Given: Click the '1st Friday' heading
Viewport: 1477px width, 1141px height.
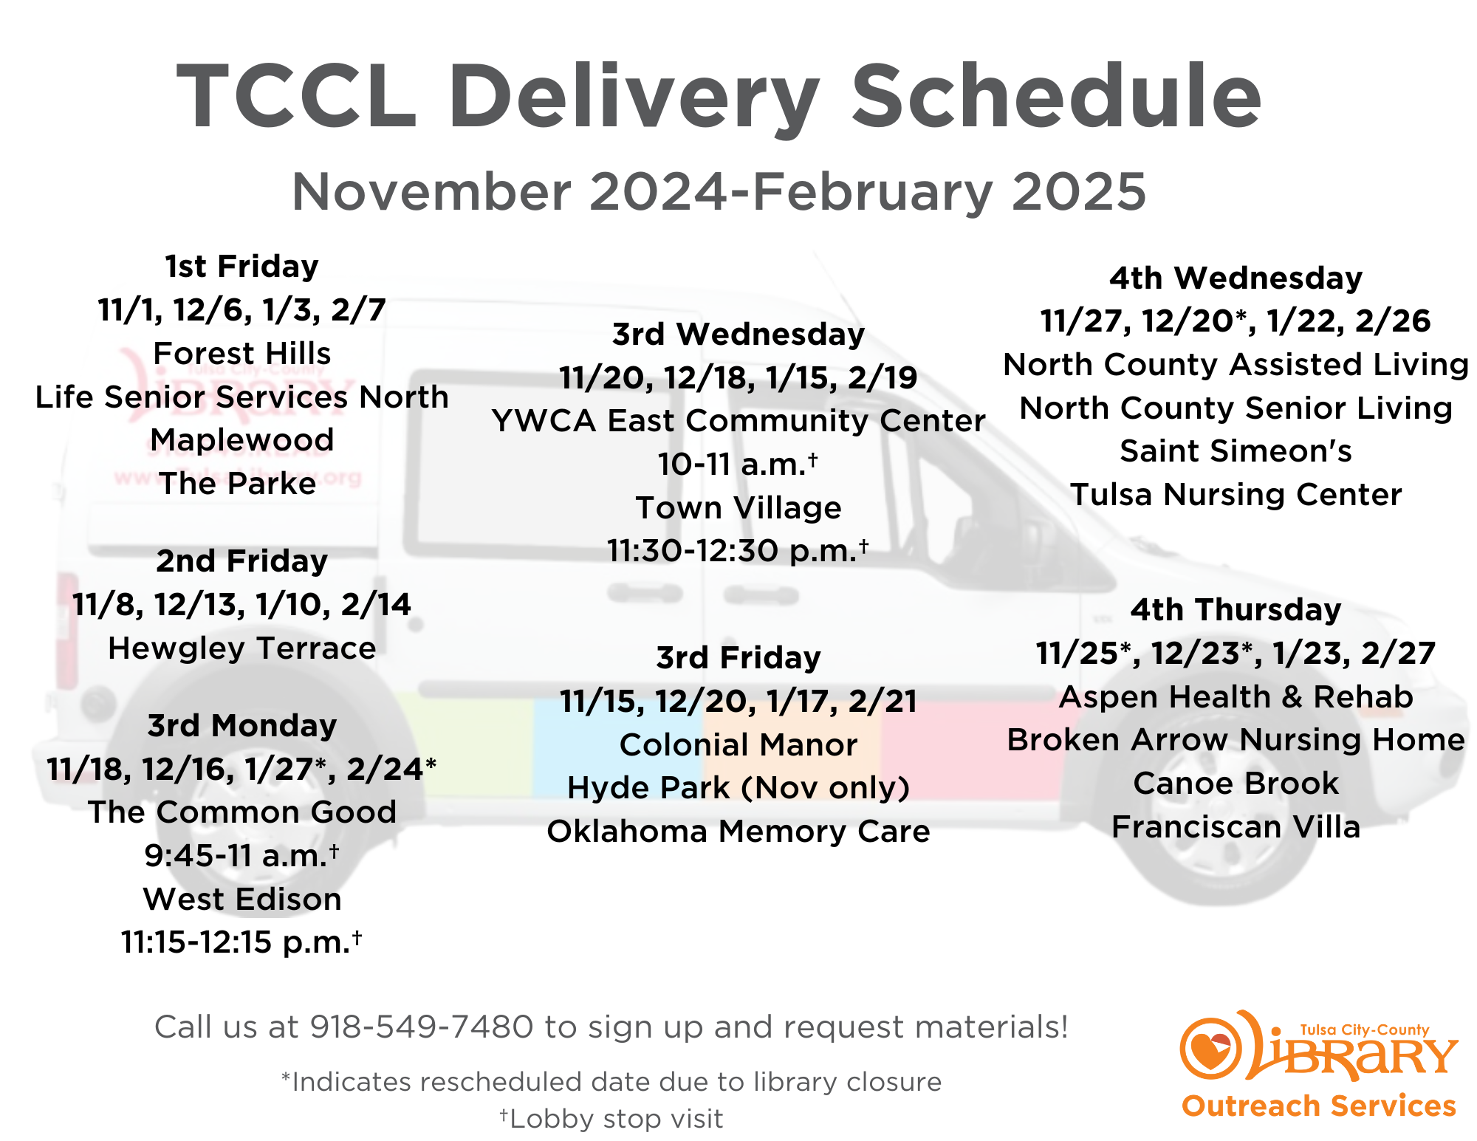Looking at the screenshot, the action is [x=241, y=267].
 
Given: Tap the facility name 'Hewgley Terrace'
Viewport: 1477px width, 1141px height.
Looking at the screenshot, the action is [x=242, y=648].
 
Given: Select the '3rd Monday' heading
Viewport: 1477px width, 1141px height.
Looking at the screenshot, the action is [x=242, y=726].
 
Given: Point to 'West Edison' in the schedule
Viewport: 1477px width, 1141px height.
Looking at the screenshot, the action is [x=242, y=900].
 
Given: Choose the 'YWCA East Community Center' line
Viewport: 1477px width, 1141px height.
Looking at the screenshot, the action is [x=738, y=422].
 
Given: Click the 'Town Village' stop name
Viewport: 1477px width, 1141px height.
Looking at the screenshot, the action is [x=738, y=508].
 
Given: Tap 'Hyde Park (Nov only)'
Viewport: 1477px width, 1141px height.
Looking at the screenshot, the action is [x=738, y=788].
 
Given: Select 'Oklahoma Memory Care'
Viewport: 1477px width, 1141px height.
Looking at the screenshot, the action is [x=738, y=832].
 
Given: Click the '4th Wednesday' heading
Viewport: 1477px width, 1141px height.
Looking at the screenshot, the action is [x=1236, y=278].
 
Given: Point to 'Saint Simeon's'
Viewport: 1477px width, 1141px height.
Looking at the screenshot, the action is [x=1236, y=451].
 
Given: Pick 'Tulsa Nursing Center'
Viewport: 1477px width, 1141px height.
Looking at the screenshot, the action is [x=1236, y=495].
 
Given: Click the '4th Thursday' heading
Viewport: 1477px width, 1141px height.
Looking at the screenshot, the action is [x=1236, y=610].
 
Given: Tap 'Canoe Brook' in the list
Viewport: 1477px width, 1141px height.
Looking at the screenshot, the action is [x=1236, y=784].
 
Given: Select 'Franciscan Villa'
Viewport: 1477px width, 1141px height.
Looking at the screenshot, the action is [x=1236, y=827].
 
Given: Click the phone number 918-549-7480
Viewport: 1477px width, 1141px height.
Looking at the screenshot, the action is [x=421, y=1027].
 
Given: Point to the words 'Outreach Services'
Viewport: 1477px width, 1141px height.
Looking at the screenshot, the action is [x=1319, y=1106].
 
